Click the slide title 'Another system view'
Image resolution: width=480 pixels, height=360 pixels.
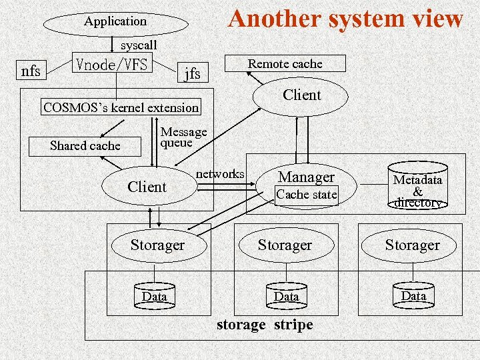coord(345,19)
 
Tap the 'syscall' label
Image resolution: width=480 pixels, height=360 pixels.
coord(139,45)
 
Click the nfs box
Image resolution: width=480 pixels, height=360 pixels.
coord(31,70)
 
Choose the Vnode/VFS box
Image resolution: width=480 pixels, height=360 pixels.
coord(113,65)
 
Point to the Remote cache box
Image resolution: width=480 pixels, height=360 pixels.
coord(285,64)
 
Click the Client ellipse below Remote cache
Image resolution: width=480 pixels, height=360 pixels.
coord(301,95)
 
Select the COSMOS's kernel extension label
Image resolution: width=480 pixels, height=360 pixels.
coord(121,107)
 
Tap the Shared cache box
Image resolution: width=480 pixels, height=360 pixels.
coord(85,146)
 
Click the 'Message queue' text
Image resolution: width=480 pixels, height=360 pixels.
coord(183,137)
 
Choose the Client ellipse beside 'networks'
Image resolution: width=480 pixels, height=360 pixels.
coord(147,187)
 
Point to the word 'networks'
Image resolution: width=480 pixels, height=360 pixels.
coord(220,174)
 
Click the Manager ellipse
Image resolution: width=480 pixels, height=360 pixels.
coord(306,177)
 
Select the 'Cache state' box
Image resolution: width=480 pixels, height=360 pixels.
coord(307,195)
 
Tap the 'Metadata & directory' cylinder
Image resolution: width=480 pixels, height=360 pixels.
coord(417,189)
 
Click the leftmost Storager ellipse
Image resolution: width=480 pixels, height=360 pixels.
coord(157,245)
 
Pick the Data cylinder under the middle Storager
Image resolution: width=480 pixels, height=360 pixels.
coord(287,295)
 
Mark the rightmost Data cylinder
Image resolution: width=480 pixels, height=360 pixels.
coord(413,295)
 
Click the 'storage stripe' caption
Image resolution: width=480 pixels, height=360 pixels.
coord(265,325)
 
